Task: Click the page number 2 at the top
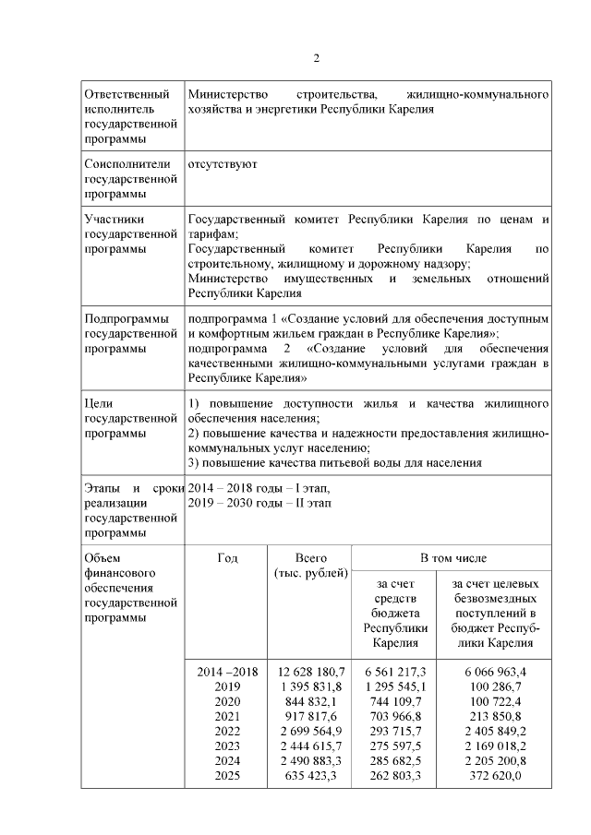click(316, 59)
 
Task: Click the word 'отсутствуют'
click(223, 163)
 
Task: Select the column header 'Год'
click(226, 558)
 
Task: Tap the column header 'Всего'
click(310, 558)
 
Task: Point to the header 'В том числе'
click(452, 558)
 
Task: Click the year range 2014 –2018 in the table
click(227, 672)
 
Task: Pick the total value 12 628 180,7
click(310, 672)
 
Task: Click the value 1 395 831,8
click(310, 686)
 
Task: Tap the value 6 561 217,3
click(394, 672)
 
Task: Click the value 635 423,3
click(310, 775)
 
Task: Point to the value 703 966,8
click(394, 716)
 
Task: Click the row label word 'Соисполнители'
click(127, 163)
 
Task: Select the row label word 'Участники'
click(114, 220)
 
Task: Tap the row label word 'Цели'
click(98, 403)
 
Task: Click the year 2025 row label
click(227, 775)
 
